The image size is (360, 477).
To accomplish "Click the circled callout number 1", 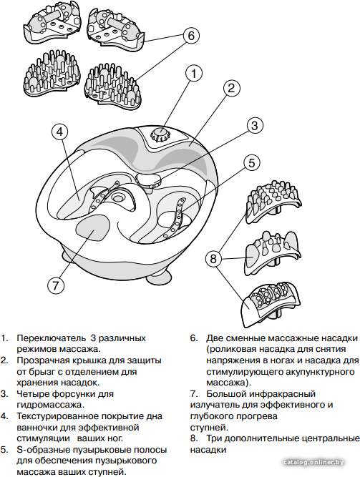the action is click(194, 74).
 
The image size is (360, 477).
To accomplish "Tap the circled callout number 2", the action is click(231, 88).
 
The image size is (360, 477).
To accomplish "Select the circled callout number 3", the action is click(255, 125).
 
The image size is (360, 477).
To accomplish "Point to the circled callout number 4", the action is click(60, 132).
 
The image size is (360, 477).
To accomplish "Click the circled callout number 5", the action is click(252, 163).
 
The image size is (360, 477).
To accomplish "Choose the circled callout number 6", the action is click(191, 36).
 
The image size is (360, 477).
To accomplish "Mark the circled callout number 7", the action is click(56, 285).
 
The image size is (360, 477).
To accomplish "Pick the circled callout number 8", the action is click(213, 258).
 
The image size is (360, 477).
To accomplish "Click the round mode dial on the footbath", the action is click(160, 134).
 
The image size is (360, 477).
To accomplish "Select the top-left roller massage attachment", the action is click(51, 25).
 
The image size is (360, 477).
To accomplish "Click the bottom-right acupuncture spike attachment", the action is click(112, 86).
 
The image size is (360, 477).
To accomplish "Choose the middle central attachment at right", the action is click(272, 252).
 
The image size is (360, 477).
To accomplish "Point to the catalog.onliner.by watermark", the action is click(313, 463).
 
